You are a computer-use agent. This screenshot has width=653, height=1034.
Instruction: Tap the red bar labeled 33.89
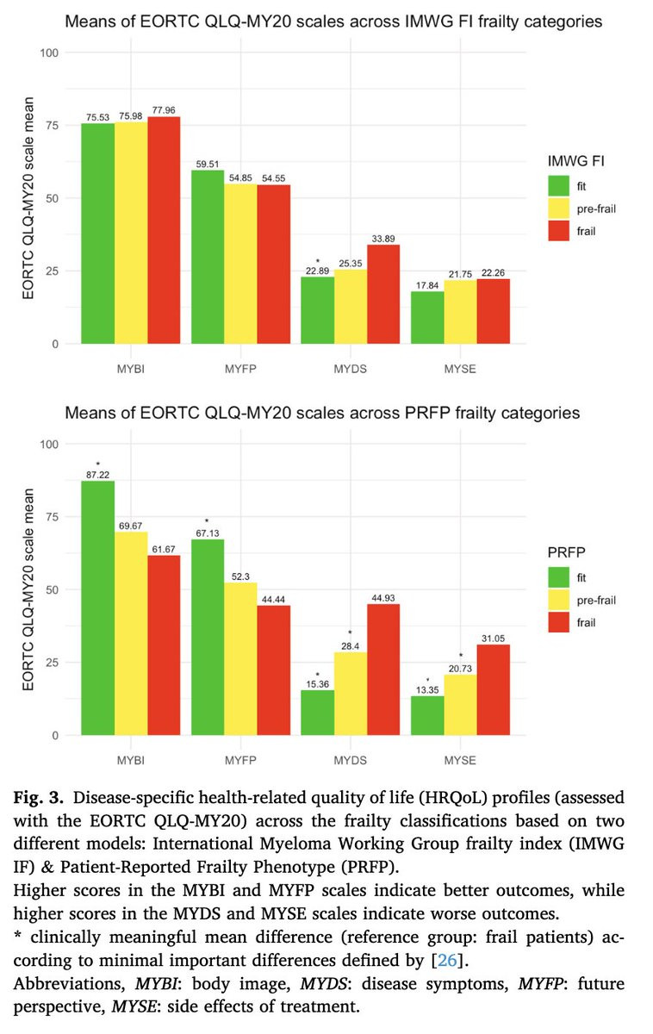pos(382,294)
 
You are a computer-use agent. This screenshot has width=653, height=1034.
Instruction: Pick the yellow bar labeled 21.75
pos(459,312)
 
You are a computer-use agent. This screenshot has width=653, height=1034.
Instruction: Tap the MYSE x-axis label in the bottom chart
pos(459,760)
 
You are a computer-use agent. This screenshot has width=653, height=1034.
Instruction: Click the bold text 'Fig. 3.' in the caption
pos(47,798)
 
